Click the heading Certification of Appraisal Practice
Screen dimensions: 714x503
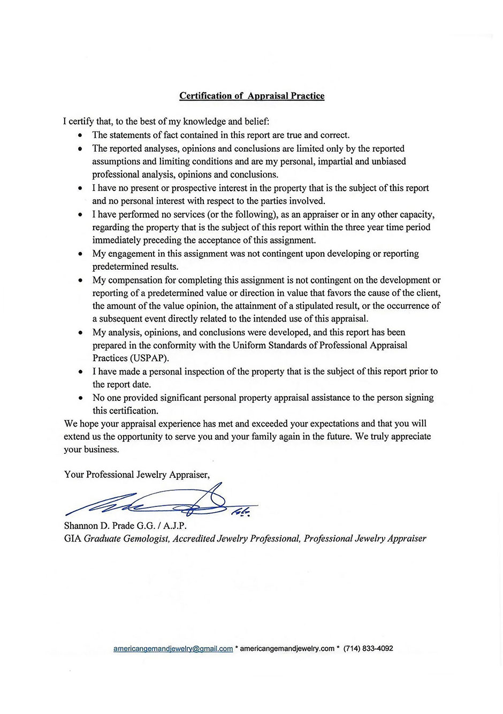click(251, 96)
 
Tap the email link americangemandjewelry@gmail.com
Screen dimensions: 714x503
click(173, 649)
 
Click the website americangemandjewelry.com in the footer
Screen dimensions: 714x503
click(287, 648)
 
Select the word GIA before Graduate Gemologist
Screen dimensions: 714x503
click(73, 538)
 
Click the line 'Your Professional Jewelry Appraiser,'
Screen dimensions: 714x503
click(136, 474)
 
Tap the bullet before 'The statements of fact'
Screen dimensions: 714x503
click(80, 135)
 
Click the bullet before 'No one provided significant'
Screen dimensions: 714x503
click(80, 398)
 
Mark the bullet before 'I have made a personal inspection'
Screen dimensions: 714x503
click(80, 372)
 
